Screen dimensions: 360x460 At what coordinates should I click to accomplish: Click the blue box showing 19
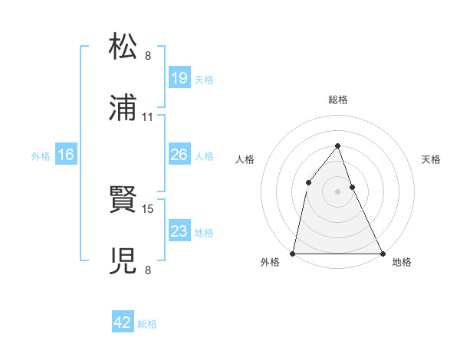[179, 77]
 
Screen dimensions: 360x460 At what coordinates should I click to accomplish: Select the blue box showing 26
[179, 155]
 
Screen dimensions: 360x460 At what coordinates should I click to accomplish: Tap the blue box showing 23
[179, 231]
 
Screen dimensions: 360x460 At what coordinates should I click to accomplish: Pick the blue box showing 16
[66, 155]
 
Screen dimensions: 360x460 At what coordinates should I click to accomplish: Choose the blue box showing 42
[123, 322]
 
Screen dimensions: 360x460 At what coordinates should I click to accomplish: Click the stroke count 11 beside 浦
[148, 117]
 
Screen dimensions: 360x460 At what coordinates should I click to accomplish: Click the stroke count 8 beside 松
[148, 55]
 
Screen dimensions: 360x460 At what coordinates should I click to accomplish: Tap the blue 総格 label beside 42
[147, 324]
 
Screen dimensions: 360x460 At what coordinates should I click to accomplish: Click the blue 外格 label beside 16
[41, 155]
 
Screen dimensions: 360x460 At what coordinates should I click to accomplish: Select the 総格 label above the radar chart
[337, 100]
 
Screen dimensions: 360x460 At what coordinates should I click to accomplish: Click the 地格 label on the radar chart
[402, 263]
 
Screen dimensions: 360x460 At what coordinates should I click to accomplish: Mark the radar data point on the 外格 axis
[293, 253]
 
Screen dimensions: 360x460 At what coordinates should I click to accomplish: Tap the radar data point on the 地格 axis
[382, 253]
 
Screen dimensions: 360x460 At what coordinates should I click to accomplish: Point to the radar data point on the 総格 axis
[337, 146]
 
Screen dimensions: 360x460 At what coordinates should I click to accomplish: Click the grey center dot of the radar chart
[337, 191]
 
